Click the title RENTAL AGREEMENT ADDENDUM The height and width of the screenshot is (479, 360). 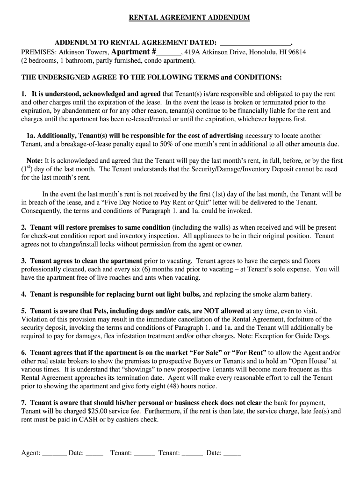click(x=189, y=17)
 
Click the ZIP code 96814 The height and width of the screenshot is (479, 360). click(x=296, y=52)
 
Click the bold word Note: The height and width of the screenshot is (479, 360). click(x=35, y=160)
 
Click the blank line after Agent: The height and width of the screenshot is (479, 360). click(x=54, y=453)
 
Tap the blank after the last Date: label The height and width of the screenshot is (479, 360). click(x=232, y=453)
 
